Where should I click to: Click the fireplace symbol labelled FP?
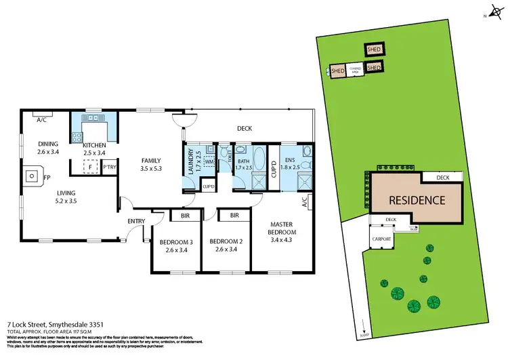click(x=31, y=178)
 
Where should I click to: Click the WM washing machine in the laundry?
click(x=209, y=161)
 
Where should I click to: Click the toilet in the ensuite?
click(x=306, y=163)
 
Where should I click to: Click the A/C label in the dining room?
click(x=41, y=119)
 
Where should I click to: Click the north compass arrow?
click(x=490, y=14)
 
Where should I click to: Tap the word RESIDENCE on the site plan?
click(x=416, y=200)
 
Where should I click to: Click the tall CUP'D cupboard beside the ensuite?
click(x=274, y=166)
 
